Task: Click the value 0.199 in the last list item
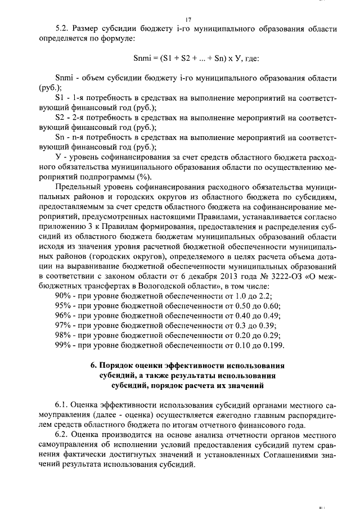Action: (273, 345)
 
